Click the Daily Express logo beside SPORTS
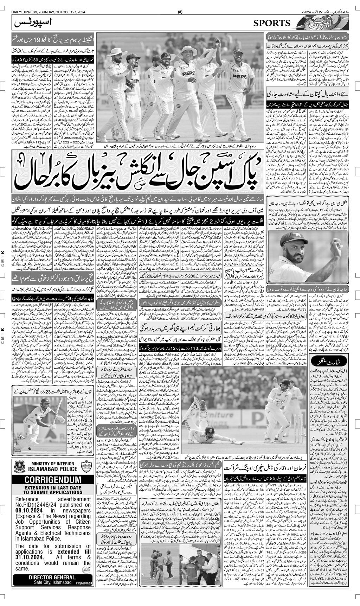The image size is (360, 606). pyautogui.click(x=318, y=24)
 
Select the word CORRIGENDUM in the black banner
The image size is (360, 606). pyautogui.click(x=53, y=480)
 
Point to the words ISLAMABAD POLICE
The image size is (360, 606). pyautogui.click(x=53, y=469)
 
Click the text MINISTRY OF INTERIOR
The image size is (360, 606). pyautogui.click(x=53, y=463)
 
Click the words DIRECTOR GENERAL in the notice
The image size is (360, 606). pyautogui.click(x=52, y=577)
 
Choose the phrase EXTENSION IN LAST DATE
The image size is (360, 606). pyautogui.click(x=53, y=488)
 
